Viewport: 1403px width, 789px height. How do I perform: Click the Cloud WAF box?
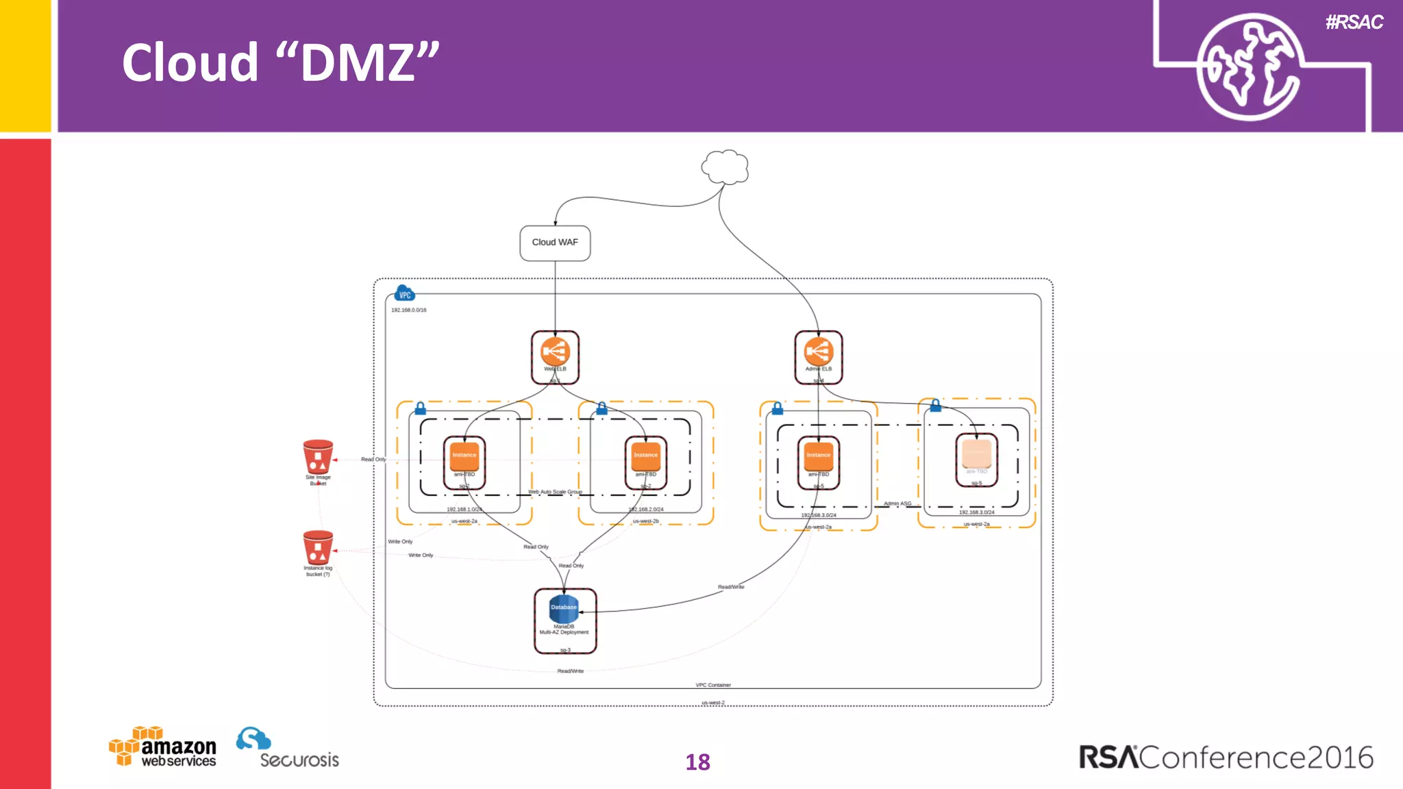click(x=555, y=242)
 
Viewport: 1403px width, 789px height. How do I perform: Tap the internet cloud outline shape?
click(x=725, y=167)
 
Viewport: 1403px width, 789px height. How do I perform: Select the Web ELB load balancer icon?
click(x=555, y=352)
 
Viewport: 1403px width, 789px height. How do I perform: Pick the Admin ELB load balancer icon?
click(x=818, y=352)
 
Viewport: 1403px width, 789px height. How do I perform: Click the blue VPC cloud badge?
click(x=405, y=294)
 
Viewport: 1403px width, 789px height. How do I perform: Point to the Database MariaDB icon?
click(x=564, y=608)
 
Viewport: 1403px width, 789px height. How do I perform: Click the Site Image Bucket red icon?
click(x=318, y=457)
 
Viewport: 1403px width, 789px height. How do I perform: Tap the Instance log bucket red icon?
click(x=318, y=547)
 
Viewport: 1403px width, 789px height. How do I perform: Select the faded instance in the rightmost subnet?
click(x=976, y=455)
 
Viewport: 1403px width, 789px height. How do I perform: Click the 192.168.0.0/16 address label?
click(x=408, y=310)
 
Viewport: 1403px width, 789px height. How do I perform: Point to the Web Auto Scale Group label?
click(x=555, y=492)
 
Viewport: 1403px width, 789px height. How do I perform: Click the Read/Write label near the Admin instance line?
click(x=730, y=587)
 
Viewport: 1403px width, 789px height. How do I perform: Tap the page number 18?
click(x=697, y=762)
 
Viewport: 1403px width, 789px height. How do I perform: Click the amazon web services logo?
click(x=163, y=747)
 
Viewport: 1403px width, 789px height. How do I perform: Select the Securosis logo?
click(x=288, y=749)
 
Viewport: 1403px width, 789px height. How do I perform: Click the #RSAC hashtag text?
click(x=1354, y=23)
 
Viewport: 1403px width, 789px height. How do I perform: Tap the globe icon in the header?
click(x=1249, y=67)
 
